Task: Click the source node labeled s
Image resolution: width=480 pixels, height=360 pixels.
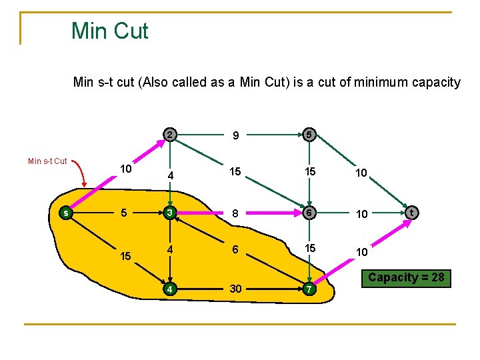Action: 65,213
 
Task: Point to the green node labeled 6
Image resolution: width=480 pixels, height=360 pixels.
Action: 309,213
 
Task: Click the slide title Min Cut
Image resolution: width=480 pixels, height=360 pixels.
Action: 110,31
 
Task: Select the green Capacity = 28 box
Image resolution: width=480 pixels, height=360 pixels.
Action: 406,277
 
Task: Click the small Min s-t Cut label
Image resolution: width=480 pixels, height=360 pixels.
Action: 47,161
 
